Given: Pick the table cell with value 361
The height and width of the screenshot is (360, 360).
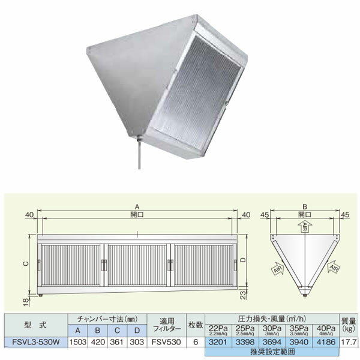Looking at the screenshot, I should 118,342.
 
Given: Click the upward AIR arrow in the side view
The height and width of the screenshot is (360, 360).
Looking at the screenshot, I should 305,229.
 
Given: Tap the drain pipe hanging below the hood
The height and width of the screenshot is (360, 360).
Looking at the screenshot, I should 139,154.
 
